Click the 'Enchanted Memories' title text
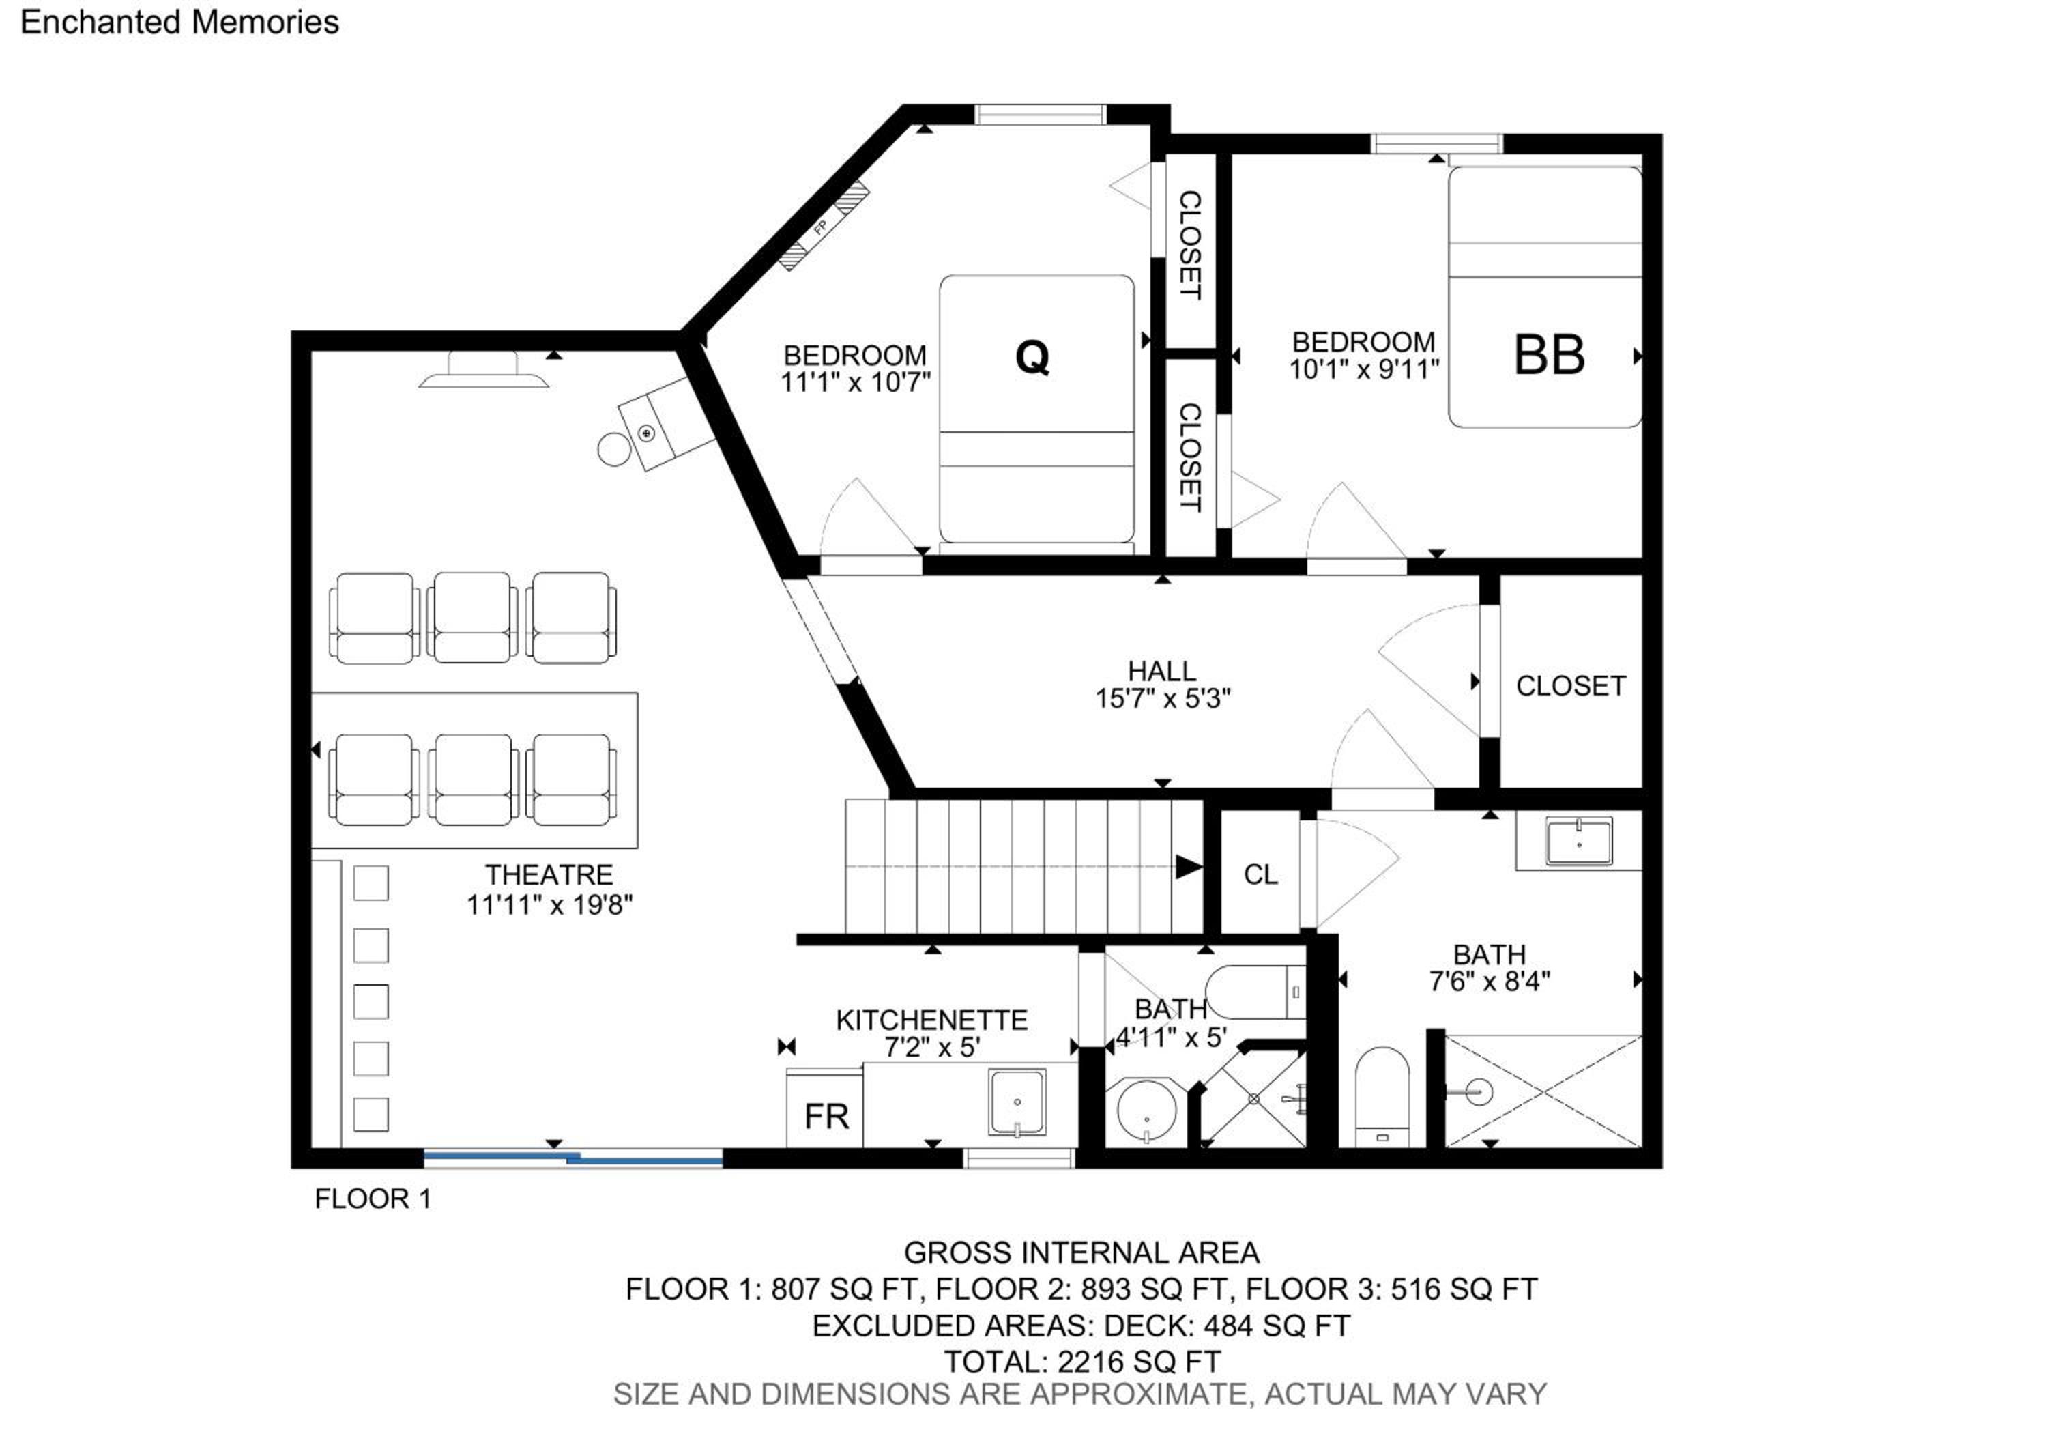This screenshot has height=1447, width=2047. pos(179,23)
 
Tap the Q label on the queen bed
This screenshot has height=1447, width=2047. pos(1032,358)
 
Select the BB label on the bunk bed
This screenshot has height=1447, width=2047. pos(1550,354)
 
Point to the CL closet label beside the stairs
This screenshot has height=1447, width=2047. pos(1261,874)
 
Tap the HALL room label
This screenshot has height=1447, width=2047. pos(1162,670)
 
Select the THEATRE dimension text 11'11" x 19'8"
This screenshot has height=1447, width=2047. pos(549,905)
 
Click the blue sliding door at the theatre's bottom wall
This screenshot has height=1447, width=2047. pos(572,1158)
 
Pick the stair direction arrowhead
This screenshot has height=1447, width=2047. pos(1189,867)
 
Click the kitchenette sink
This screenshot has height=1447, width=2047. pos(1017,1103)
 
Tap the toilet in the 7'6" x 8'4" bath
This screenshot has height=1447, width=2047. pos(1382,1098)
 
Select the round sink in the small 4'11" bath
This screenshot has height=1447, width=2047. pos(1146,1111)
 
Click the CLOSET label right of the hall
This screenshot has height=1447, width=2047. pos(1571,685)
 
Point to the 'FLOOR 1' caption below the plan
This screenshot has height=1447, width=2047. pos(373,1199)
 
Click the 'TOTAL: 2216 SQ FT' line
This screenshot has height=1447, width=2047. pos(1081,1362)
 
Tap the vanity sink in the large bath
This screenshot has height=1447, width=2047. pos(1579,842)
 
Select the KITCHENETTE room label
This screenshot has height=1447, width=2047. pos(931,1019)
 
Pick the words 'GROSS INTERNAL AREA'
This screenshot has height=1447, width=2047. pos(1081,1252)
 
